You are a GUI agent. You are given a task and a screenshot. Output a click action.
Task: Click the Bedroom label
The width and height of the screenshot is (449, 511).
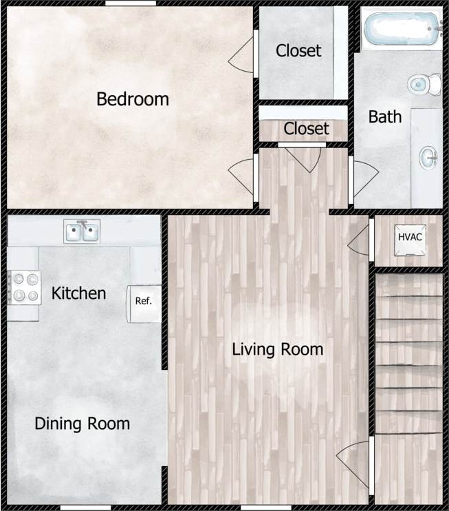pos(132,99)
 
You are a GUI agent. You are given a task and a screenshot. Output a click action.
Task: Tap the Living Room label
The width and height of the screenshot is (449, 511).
pos(277,349)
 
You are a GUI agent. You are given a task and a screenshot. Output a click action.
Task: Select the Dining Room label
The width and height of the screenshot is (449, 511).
pos(82,423)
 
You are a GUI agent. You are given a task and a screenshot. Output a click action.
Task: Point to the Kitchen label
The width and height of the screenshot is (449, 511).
pos(78,293)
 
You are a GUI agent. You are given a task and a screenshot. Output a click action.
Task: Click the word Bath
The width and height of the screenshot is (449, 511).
pos(384,116)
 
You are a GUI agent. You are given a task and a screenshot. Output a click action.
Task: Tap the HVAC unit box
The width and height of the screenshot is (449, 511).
pos(410,238)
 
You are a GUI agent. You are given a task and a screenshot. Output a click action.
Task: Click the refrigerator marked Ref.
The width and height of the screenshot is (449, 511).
pos(143,302)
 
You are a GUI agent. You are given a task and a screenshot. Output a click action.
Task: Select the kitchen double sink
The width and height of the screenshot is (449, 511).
pos(83,231)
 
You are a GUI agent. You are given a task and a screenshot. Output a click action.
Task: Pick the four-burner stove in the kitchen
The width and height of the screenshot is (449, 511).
pos(25,287)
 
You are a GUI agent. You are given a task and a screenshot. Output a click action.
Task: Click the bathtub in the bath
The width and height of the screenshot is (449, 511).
pos(399,30)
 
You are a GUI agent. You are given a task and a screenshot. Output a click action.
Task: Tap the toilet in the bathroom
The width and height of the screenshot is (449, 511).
pos(424,85)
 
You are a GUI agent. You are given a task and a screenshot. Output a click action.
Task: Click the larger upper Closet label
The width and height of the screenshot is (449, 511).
pos(298,50)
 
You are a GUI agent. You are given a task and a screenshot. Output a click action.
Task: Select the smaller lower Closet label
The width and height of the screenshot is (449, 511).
pos(306,129)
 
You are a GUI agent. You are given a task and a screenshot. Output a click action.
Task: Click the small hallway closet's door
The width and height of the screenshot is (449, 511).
pos(305,157)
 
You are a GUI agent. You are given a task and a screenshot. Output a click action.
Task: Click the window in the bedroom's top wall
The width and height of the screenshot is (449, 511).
pos(130,3)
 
